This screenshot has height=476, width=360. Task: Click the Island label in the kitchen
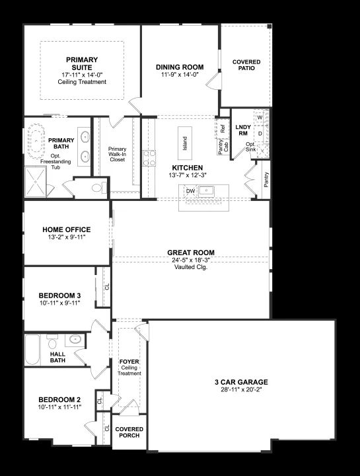pos(185,143)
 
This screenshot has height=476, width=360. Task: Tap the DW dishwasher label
pos(190,191)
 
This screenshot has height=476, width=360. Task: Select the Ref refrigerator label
pos(223,129)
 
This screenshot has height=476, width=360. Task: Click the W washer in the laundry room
pos(260,117)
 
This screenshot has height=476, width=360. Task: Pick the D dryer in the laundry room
pos(260,134)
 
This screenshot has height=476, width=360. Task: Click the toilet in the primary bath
pos(100,188)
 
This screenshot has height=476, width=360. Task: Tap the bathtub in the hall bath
pos(32,350)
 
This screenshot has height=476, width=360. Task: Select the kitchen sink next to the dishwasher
pos(206,191)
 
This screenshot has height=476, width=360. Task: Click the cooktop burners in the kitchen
pos(149,158)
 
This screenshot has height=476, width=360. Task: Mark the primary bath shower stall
pos(36,182)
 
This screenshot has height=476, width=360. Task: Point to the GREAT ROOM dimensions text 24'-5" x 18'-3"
pos(191,260)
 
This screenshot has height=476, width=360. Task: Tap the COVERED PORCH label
pos(129,432)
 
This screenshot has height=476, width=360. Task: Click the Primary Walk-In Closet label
pos(118,154)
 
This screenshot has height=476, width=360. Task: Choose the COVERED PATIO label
pos(246,65)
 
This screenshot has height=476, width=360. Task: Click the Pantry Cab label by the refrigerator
pos(223,147)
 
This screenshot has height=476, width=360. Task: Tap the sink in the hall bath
pos(75,339)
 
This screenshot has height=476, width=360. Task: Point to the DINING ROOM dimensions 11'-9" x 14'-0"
pos(180,74)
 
